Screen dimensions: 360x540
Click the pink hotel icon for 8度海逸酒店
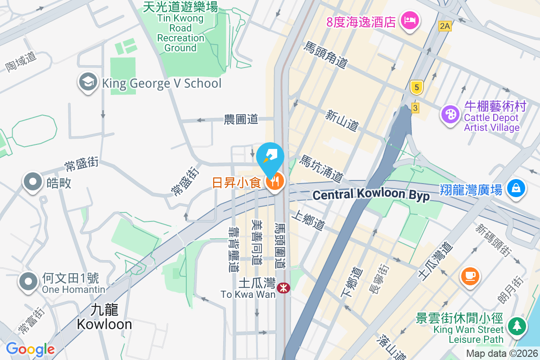pos(409,20)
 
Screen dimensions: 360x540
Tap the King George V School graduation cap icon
pos(88,83)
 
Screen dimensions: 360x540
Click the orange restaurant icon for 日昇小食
pos(274,182)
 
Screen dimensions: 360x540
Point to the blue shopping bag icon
pos(516,189)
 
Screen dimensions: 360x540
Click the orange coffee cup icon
pos(471,275)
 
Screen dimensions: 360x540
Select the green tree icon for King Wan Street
pos(517,326)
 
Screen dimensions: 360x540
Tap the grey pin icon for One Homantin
pos(28,282)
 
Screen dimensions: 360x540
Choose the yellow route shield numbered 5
pos(417,87)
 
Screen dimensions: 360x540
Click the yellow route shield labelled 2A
pos(445,26)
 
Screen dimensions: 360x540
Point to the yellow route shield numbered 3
pos(415,108)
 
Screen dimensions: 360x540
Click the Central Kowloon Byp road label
pos(371,195)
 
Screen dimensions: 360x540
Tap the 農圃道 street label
pos(241,119)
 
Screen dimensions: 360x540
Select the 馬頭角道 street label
pos(326,55)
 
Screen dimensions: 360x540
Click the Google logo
pos(30,349)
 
